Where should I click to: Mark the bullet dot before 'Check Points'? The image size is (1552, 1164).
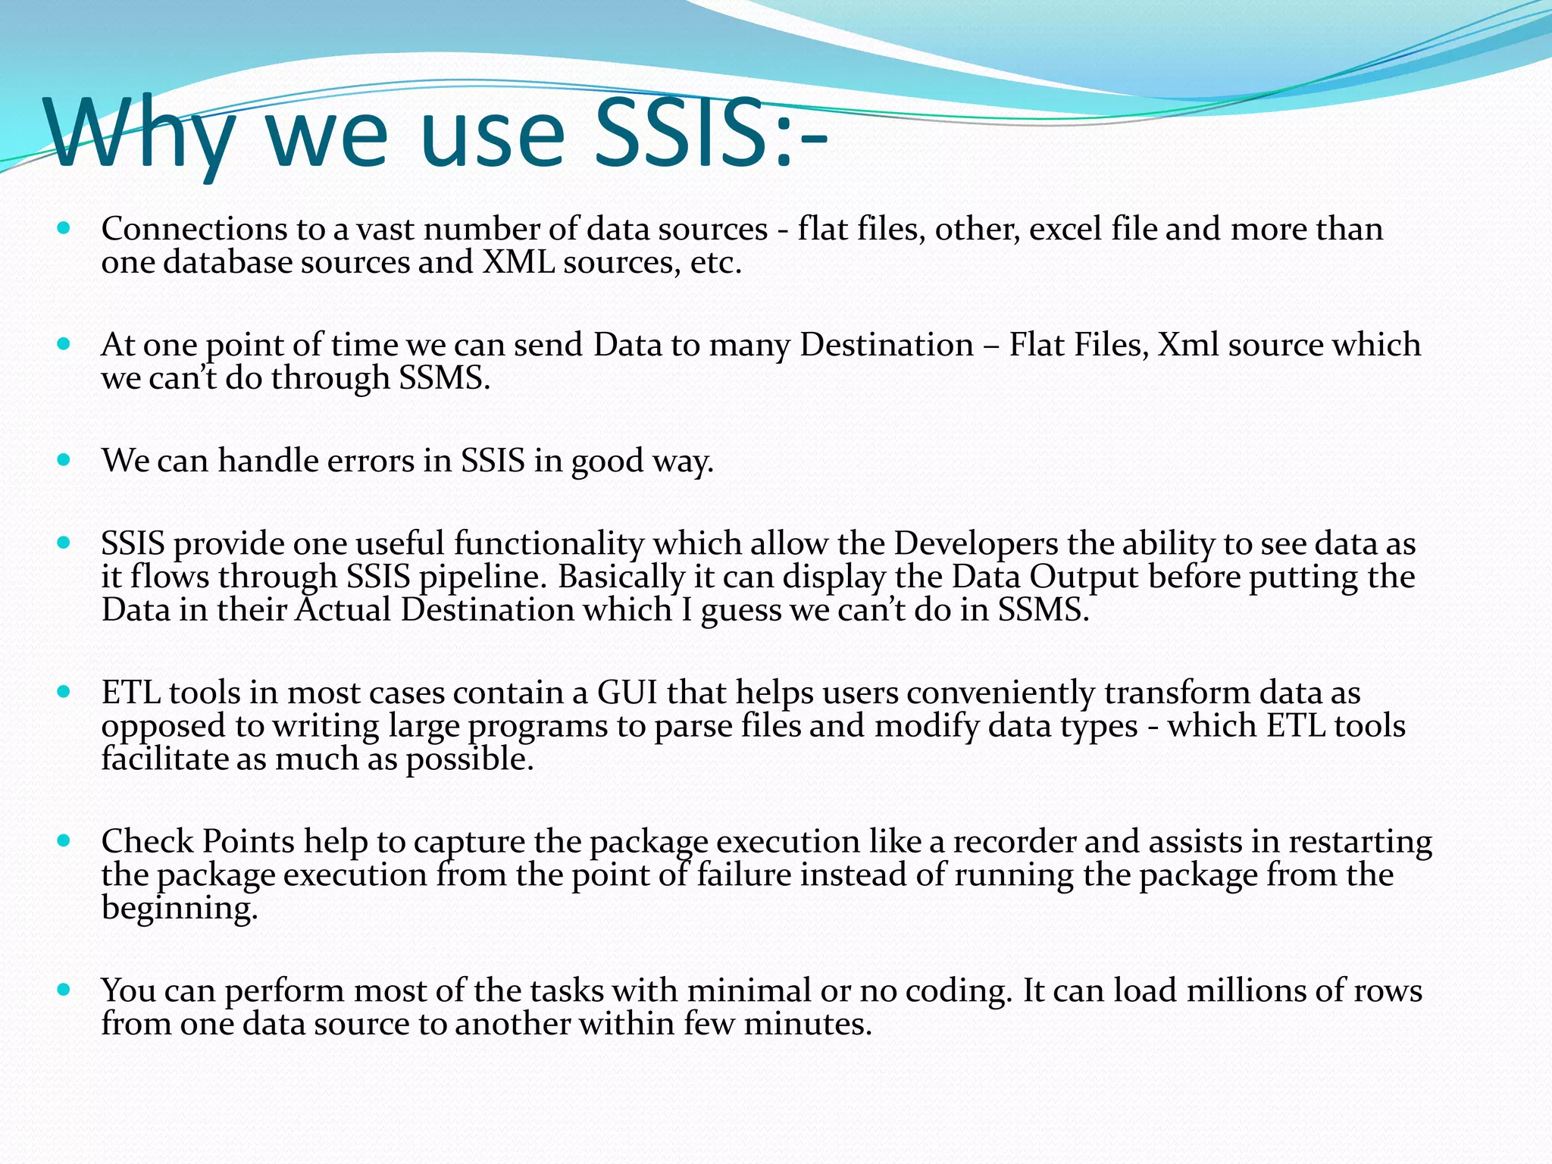pos(64,840)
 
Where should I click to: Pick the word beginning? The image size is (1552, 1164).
pos(180,909)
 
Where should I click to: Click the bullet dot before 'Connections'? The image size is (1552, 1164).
pos(64,227)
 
